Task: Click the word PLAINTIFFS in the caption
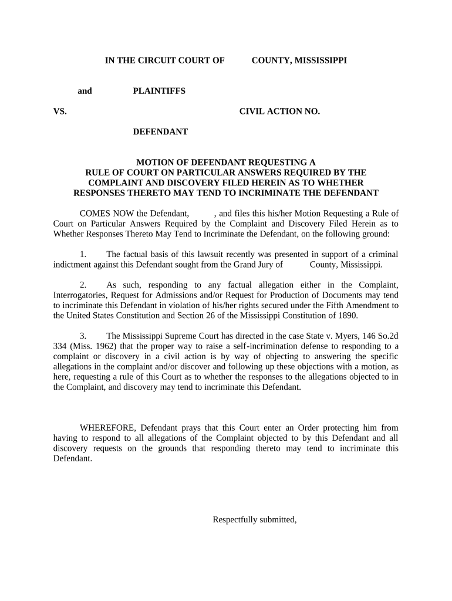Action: (159, 91)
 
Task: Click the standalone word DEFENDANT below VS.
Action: (160, 131)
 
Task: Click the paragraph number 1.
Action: (83, 254)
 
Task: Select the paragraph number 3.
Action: (83, 336)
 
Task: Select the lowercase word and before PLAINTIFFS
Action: (85, 91)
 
